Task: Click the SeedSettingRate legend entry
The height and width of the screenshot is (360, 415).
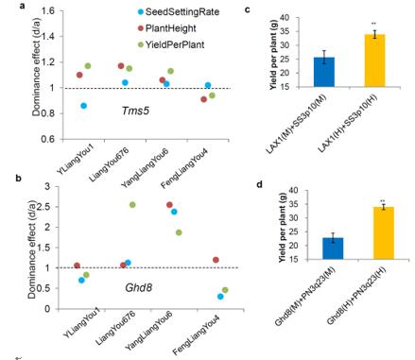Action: pos(179,12)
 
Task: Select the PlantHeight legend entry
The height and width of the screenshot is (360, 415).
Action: pos(167,28)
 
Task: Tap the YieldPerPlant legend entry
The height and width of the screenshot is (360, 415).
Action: pos(171,44)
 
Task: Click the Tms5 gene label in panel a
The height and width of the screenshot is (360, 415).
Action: pos(135,111)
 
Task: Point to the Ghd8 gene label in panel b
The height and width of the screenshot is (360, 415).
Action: pos(139,287)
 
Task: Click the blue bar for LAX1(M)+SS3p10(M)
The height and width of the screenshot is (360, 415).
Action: pos(324,72)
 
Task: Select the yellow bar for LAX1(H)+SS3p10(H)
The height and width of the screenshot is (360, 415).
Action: pos(374,60)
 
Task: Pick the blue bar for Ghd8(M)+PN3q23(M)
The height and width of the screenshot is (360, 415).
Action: pos(333,249)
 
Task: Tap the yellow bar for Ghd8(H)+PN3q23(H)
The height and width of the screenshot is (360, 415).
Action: pos(384,233)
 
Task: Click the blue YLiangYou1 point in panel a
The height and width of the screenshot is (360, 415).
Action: pos(83,106)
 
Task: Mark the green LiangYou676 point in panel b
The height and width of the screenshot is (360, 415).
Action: pos(132,205)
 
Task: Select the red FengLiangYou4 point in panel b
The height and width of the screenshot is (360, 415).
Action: pos(216,260)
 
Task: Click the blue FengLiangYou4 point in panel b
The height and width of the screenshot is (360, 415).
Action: pos(220,297)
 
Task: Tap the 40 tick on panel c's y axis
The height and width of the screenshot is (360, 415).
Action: pos(285,18)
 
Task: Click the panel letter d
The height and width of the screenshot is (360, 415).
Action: pos(260,184)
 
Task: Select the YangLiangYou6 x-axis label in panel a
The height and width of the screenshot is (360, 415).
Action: pos(146,167)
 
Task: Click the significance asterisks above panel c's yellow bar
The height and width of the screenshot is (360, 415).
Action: pos(374,24)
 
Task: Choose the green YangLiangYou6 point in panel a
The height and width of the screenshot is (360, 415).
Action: pos(170,71)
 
